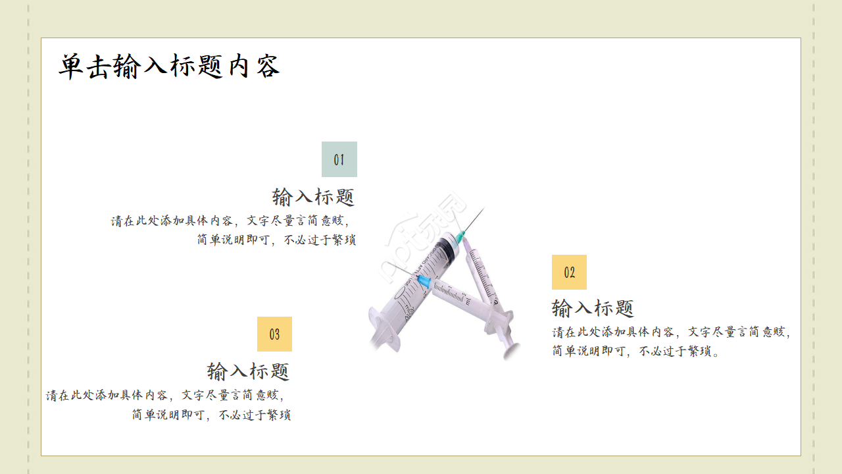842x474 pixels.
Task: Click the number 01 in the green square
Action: tap(339, 159)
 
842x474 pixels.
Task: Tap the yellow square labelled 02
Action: tap(569, 272)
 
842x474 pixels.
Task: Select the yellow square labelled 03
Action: tap(274, 334)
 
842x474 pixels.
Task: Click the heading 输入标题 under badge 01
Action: tap(313, 196)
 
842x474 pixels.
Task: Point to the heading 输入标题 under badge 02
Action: tap(593, 307)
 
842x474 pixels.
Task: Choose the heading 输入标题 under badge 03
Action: tap(248, 371)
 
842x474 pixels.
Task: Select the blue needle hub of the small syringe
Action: tap(423, 282)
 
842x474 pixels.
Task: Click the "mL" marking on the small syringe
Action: tap(468, 302)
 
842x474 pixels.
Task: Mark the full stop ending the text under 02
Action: tap(716, 352)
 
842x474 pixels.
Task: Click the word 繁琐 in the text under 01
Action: tap(344, 240)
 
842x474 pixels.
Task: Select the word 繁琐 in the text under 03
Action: tap(279, 415)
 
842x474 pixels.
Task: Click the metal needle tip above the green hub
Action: tap(481, 212)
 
